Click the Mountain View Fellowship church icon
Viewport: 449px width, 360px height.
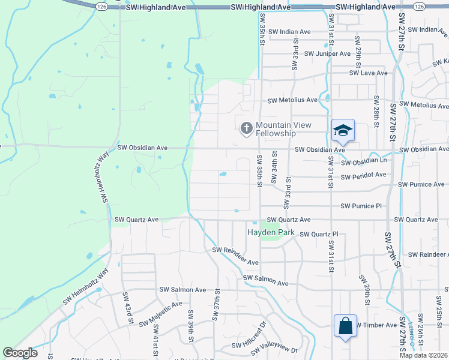(x=246, y=128)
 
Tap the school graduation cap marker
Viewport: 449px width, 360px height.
(x=343, y=130)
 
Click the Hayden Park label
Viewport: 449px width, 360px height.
(x=268, y=232)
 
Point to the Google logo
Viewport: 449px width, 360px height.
(x=20, y=353)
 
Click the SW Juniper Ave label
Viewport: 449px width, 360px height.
(x=327, y=53)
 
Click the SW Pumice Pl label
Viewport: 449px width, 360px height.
(x=361, y=206)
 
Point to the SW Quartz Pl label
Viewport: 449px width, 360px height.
(x=319, y=234)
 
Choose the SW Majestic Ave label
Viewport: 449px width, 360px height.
(x=161, y=314)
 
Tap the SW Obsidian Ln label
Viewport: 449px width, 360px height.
(x=364, y=161)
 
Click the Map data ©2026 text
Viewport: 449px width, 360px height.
(x=423, y=355)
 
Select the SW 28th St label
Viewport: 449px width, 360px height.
(x=377, y=109)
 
